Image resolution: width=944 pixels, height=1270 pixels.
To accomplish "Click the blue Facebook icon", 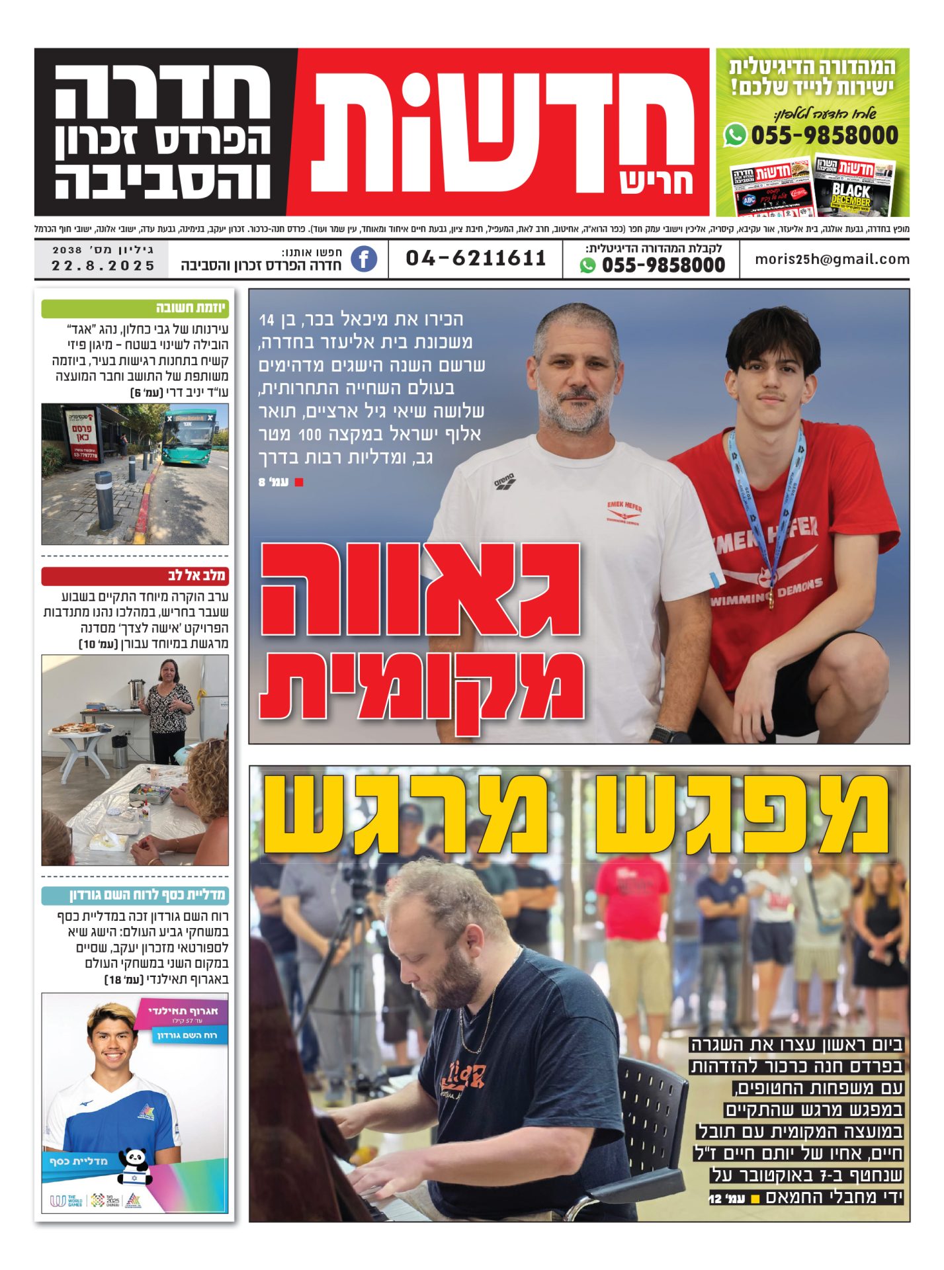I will (x=364, y=259).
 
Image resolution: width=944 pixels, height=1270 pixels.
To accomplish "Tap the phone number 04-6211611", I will (x=476, y=258).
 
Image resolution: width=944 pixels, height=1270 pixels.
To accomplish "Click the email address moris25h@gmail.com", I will (x=832, y=259).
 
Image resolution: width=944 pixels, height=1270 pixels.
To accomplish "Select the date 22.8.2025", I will (x=103, y=266).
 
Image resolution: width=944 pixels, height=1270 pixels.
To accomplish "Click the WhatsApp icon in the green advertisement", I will (x=735, y=136).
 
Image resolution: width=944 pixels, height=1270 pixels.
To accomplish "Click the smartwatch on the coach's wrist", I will (x=662, y=734).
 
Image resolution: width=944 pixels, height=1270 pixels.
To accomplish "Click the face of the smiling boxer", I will (x=111, y=1052).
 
